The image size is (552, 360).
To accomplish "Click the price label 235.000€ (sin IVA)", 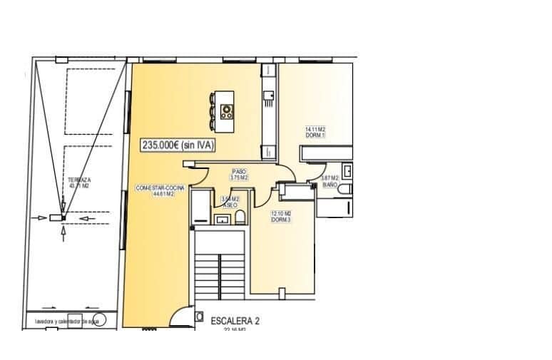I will pyautogui.click(x=178, y=145).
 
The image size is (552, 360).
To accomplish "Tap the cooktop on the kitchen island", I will pyautogui.click(x=228, y=110).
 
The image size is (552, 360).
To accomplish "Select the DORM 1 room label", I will pyautogui.click(x=315, y=135).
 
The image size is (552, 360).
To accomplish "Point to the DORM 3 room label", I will pyautogui.click(x=280, y=220).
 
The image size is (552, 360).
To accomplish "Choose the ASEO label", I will pyautogui.click(x=229, y=205).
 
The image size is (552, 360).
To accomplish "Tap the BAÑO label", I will pyautogui.click(x=329, y=185).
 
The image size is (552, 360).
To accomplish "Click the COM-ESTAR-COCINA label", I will pyautogui.click(x=160, y=188).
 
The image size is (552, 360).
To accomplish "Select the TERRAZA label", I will pyautogui.click(x=79, y=180).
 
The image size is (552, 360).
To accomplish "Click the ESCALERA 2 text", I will pyautogui.click(x=235, y=321).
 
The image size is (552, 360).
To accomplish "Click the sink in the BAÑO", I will pyautogui.click(x=347, y=171).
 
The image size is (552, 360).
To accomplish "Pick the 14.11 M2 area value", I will pyautogui.click(x=315, y=129).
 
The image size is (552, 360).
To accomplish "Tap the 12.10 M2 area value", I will pyautogui.click(x=280, y=213).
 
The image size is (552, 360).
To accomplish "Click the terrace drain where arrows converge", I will pyautogui.click(x=62, y=217).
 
